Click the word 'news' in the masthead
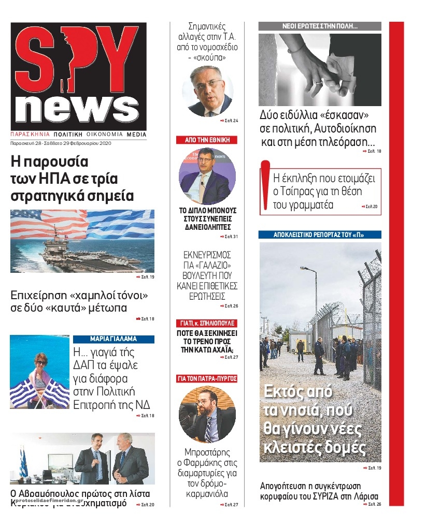(x=77, y=108)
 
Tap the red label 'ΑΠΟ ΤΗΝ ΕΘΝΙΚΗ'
(x=207, y=140)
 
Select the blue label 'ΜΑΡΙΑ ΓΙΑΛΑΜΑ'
(x=113, y=340)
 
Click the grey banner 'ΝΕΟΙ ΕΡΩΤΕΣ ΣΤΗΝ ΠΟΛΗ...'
(x=320, y=26)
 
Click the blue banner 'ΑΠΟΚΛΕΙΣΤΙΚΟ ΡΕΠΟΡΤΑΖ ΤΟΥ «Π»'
(x=320, y=234)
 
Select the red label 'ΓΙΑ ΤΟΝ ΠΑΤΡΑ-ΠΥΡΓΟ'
(x=207, y=379)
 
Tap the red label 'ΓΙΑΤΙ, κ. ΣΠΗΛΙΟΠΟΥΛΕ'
(x=207, y=322)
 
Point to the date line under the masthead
(x=61, y=143)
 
